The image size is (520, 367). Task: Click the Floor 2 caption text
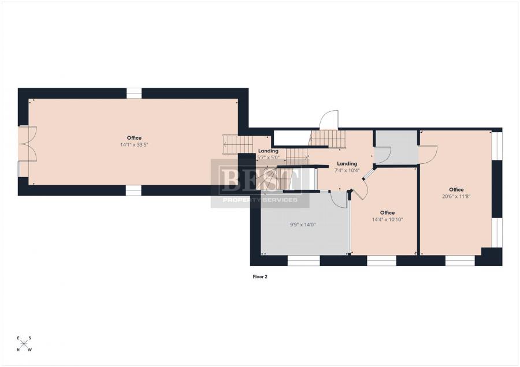tap(260, 277)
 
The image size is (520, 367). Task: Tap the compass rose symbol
tap(24, 344)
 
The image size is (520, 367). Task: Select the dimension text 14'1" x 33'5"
tap(134, 145)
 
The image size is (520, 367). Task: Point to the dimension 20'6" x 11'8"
tap(456, 196)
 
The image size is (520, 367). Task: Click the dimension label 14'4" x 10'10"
tap(387, 219)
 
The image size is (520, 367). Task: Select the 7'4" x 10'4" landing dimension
tap(347, 170)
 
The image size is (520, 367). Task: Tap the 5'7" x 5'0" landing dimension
tap(268, 158)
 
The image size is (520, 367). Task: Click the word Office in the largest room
tap(134, 138)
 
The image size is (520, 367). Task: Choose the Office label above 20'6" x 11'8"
tap(456, 189)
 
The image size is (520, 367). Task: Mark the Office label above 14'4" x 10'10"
tap(387, 212)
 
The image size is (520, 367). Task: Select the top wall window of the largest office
tap(134, 92)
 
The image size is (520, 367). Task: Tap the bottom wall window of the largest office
tap(133, 190)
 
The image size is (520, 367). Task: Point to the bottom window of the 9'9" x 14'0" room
tap(304, 261)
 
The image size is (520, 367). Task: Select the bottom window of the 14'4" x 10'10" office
tap(381, 261)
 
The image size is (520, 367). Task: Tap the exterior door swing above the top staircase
tap(329, 119)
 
